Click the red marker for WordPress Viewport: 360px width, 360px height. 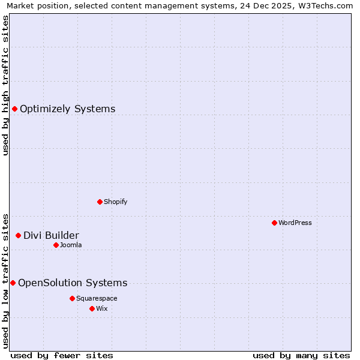coord(274,223)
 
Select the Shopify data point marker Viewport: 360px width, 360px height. coord(100,202)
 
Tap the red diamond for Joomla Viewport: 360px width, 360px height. coord(56,245)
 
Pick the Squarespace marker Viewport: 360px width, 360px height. coord(72,298)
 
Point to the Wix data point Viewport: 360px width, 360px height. coord(92,308)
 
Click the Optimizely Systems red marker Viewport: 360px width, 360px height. coord(14,109)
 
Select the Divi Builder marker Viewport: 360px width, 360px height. coord(18,236)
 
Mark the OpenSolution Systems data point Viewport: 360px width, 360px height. coord(13,283)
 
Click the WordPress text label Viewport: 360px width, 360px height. coord(295,223)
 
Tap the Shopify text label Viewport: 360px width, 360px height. coord(116,202)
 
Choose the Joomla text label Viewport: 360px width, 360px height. coord(71,245)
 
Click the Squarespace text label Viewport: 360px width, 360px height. coord(97,298)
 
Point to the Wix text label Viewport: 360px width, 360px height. coord(101,308)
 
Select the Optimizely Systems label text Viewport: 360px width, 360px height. coord(68,109)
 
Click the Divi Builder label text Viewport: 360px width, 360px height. coord(51,236)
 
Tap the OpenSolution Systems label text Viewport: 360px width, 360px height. coord(73,283)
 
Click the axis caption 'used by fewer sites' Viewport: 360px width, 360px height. coord(62,355)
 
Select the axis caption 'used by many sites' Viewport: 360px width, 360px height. coord(301,355)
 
